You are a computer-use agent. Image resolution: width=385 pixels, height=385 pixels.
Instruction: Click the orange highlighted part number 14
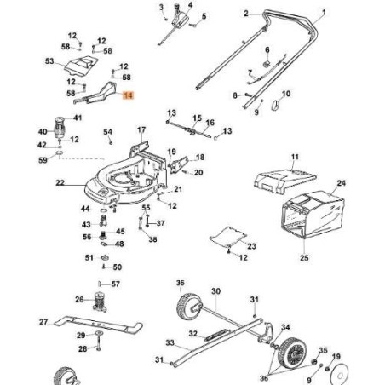[x=129, y=98]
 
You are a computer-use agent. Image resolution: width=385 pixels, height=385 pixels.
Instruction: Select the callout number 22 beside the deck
[x=60, y=183]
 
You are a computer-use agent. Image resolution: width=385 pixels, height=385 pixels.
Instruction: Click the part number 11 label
[x=295, y=158]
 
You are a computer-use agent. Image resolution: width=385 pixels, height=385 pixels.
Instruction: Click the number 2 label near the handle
[x=246, y=14]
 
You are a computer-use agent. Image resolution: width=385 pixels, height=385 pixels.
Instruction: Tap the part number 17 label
[x=141, y=129]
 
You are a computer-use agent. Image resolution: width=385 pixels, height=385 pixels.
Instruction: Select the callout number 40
[x=43, y=132]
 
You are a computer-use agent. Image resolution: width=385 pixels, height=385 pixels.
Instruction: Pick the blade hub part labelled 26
[x=101, y=300]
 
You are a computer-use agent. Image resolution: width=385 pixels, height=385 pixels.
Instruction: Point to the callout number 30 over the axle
[x=215, y=290]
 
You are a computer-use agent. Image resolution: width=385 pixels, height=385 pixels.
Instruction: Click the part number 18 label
[x=200, y=158]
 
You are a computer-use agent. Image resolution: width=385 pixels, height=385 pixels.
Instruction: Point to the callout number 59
[x=43, y=159]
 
